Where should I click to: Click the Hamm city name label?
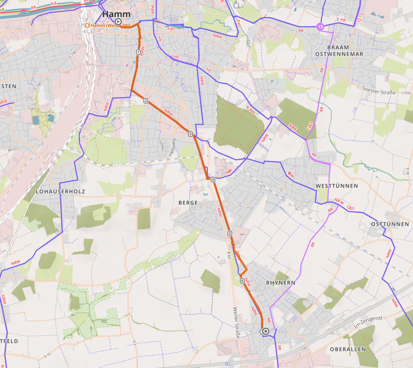pyautogui.click(x=116, y=14)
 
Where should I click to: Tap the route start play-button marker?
pyautogui.click(x=118, y=22)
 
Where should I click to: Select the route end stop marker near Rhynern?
pyautogui.click(x=266, y=331)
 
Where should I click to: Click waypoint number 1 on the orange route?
pyautogui.click(x=138, y=52)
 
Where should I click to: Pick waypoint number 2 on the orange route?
pyautogui.click(x=145, y=101)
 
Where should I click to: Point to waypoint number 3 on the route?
pyautogui.click(x=191, y=134)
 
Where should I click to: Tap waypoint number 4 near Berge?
pyautogui.click(x=213, y=179)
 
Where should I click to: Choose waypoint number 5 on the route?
pyautogui.click(x=230, y=234)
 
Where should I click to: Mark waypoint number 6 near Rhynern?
pyautogui.click(x=242, y=281)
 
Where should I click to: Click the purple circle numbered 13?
pyautogui.click(x=320, y=27)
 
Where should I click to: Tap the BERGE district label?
pyautogui.click(x=188, y=203)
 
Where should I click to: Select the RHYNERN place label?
pyautogui.click(x=280, y=283)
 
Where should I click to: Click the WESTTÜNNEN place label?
pyautogui.click(x=337, y=186)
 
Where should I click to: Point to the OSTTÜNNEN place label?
pyautogui.click(x=390, y=224)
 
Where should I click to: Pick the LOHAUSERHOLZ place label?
pyautogui.click(x=60, y=191)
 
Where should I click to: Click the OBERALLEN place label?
pyautogui.click(x=348, y=349)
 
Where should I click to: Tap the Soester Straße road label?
pyautogui.click(x=379, y=90)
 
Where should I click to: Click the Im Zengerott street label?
pyautogui.click(x=368, y=322)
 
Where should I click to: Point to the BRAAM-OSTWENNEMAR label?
pyautogui.click(x=339, y=51)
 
